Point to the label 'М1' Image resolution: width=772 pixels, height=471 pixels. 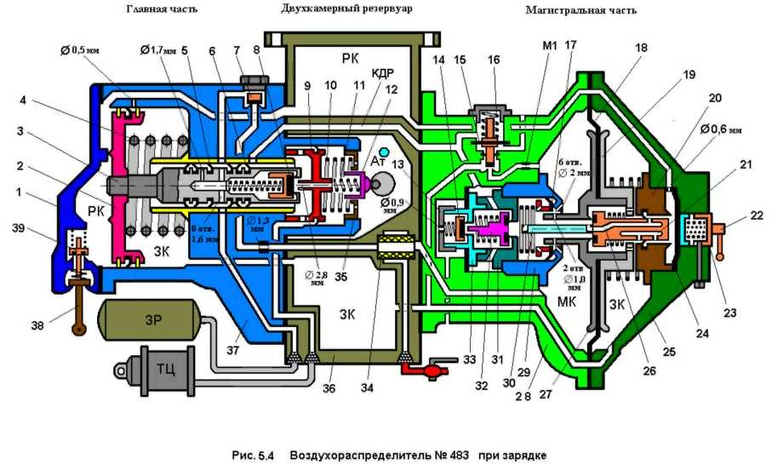click(550, 46)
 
